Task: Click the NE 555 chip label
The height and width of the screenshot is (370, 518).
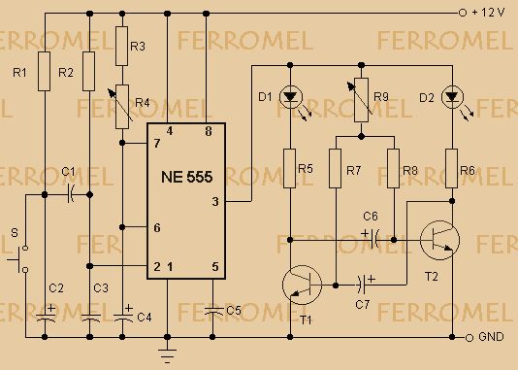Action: point(186,177)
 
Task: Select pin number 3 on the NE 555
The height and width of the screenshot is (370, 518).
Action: point(215,201)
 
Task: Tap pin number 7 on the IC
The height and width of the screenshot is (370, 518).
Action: point(157,143)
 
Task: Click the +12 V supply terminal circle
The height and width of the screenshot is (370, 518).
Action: point(463,13)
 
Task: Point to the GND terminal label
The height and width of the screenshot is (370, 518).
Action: point(491,337)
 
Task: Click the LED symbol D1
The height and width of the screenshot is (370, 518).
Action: point(291,97)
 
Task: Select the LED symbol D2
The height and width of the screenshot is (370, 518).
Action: point(452,97)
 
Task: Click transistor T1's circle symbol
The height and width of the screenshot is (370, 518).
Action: point(302,285)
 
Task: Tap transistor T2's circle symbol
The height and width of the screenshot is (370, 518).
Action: point(439,241)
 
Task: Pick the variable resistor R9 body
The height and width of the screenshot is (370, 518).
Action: point(362,100)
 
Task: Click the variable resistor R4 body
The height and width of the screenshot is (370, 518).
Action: point(122,107)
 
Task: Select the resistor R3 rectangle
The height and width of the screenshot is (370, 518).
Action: point(122,47)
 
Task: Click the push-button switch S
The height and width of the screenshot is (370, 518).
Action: point(19,259)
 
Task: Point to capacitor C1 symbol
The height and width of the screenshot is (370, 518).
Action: point(71,194)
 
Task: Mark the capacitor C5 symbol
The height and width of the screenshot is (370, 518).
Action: point(212,311)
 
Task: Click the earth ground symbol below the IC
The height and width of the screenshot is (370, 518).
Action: point(167,355)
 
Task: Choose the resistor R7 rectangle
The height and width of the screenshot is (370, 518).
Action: point(336,169)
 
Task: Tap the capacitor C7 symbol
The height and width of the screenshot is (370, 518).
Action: point(362,284)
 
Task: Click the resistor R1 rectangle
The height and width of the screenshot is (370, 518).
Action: point(45,71)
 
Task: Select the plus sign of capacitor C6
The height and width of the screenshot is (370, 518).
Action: point(365,234)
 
